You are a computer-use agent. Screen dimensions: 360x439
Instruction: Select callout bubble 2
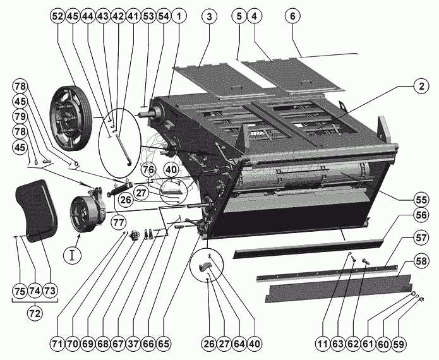pyautogui.click(x=419, y=87)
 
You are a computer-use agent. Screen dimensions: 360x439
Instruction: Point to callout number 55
pyautogui.click(x=419, y=198)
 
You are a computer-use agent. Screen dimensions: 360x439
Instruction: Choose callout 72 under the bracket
pyautogui.click(x=34, y=312)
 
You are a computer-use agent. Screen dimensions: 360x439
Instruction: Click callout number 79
pyautogui.click(x=19, y=116)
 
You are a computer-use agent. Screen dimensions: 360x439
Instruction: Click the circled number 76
pyautogui.click(x=148, y=169)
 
